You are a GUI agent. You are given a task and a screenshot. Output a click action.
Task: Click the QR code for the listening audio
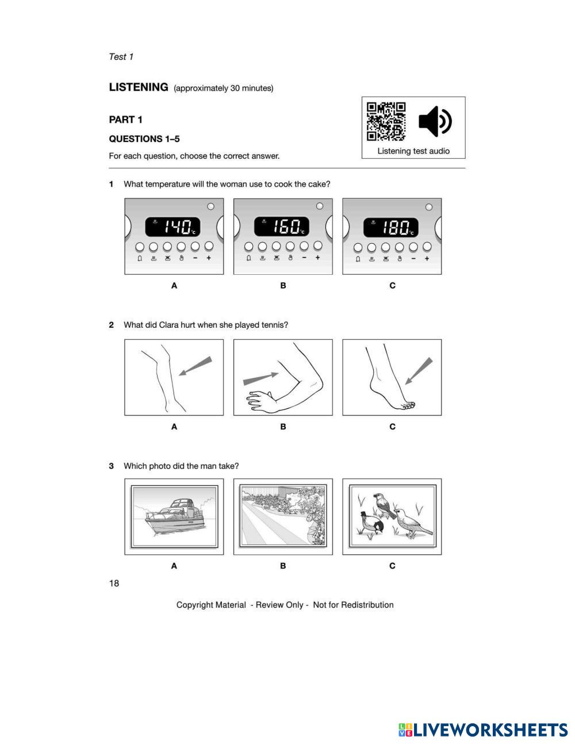[386, 121]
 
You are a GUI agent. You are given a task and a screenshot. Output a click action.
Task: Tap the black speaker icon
[435, 121]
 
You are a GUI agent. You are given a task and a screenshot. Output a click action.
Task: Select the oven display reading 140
[172, 227]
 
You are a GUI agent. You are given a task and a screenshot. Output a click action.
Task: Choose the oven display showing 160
[282, 227]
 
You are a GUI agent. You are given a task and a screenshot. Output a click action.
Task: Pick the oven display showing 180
[391, 227]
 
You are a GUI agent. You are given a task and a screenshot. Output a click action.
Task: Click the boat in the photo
[172, 515]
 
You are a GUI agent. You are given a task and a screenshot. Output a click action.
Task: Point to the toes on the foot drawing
[408, 406]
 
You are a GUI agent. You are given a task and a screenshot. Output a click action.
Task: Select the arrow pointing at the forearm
[260, 378]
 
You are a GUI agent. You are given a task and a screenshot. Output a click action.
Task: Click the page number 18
[114, 584]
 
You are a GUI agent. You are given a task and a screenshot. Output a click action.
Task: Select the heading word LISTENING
[139, 87]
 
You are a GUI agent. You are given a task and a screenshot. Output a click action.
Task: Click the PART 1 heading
[125, 120]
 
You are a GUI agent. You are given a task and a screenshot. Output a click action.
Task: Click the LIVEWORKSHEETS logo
[483, 730]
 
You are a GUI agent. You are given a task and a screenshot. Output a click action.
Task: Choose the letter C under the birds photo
[392, 566]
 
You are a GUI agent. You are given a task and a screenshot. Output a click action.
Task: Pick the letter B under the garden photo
[283, 566]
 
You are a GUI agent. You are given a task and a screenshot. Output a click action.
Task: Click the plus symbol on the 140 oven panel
[209, 258]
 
